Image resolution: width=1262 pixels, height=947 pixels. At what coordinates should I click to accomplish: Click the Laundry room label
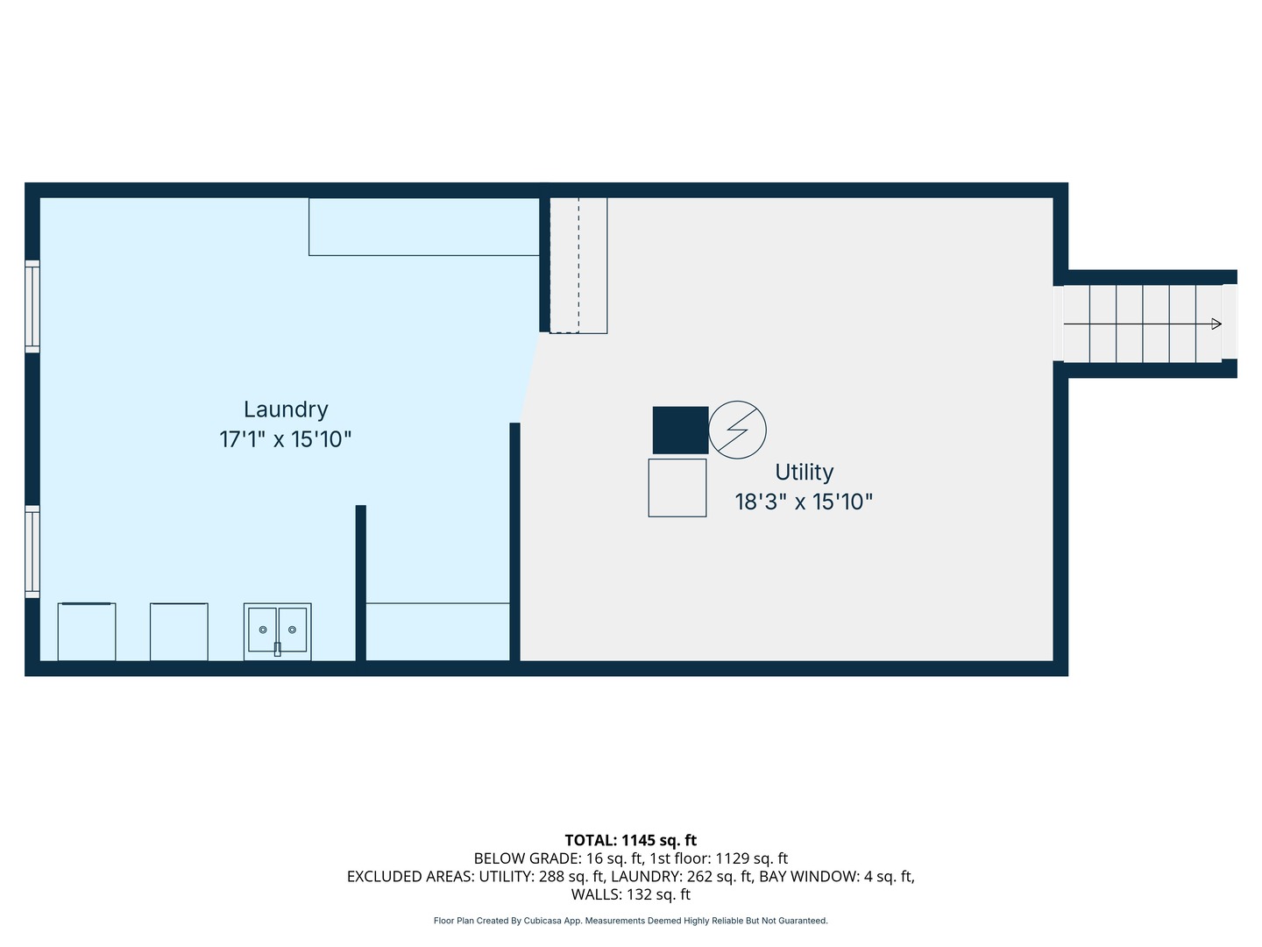click(286, 409)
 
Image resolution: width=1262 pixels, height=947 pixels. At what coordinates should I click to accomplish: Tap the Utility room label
click(804, 473)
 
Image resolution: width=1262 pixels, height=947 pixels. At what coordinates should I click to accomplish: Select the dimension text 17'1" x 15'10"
click(286, 439)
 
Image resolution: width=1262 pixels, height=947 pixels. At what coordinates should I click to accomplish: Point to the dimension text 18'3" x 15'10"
click(804, 502)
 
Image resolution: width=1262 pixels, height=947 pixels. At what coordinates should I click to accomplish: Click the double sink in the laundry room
click(277, 630)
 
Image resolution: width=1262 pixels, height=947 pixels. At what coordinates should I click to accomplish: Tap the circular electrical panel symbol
click(737, 430)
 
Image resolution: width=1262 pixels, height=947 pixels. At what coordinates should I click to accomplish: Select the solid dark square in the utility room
click(680, 430)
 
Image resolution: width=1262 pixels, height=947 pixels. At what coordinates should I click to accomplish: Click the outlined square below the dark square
click(677, 488)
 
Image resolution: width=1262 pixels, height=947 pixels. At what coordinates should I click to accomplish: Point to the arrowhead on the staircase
click(1216, 324)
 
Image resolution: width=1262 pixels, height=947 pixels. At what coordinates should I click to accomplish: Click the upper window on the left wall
click(32, 307)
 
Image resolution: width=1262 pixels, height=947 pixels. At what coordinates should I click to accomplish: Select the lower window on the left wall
click(32, 552)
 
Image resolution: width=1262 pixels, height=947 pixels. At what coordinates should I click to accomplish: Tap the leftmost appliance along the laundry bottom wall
click(86, 631)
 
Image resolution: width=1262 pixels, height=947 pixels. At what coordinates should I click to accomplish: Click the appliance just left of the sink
click(179, 631)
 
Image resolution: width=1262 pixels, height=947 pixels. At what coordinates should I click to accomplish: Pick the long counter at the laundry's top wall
click(423, 226)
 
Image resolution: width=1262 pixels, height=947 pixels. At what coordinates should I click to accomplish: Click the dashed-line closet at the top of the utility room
click(578, 265)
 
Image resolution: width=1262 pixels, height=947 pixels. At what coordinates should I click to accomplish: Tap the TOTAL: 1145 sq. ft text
click(630, 840)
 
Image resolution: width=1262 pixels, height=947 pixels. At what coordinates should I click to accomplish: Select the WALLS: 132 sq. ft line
click(630, 894)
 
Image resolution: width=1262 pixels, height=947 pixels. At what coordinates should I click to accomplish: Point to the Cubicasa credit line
click(630, 921)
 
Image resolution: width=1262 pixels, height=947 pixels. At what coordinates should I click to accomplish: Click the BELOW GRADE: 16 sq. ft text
click(558, 858)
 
